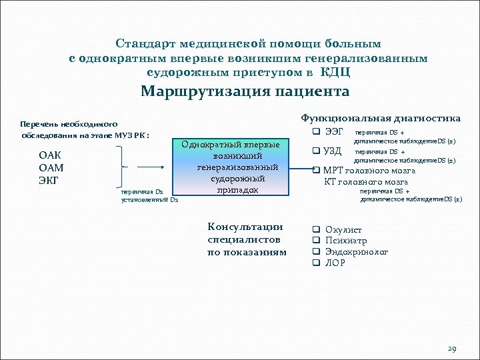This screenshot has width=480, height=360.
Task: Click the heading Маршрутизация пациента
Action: (x=245, y=91)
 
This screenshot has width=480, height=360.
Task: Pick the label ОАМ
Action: (x=51, y=167)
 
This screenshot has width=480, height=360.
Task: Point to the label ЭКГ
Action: (x=51, y=179)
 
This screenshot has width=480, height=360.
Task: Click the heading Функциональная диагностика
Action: (x=381, y=118)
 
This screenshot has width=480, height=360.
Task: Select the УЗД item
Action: (x=333, y=151)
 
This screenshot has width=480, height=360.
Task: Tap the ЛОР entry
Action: (x=335, y=263)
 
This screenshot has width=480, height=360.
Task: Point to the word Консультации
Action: (x=245, y=227)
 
